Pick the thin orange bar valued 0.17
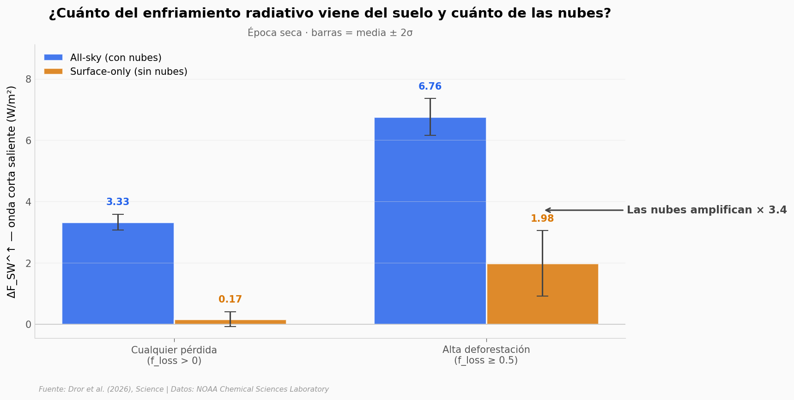click(230, 321)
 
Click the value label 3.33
click(118, 202)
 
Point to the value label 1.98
click(542, 219)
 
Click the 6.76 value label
click(430, 87)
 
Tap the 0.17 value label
click(230, 300)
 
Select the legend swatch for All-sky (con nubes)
click(53, 58)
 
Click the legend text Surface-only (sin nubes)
click(128, 72)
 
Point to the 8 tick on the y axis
click(29, 79)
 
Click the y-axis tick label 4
click(29, 202)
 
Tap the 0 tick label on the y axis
click(29, 325)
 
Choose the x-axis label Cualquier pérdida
click(174, 350)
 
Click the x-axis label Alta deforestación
click(486, 350)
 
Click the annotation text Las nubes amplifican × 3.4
click(706, 210)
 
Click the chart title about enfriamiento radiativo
click(330, 14)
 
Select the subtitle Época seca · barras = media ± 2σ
click(330, 33)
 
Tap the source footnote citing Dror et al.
click(184, 389)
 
